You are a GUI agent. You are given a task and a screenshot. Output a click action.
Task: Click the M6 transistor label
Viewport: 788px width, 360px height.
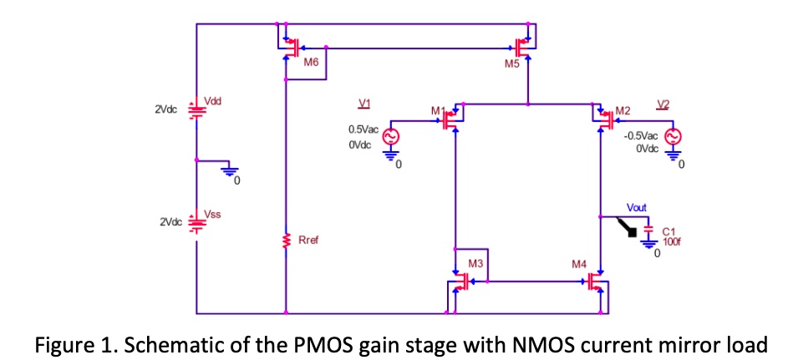coord(311,63)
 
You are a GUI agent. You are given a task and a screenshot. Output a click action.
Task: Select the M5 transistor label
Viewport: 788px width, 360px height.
coord(512,65)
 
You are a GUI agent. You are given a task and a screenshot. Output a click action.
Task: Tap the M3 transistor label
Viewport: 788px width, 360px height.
coord(475,263)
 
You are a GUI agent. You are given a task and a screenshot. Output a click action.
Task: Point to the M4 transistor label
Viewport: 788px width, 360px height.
coord(579,263)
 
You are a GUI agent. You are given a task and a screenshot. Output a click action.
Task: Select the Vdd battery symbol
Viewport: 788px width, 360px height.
coord(196,109)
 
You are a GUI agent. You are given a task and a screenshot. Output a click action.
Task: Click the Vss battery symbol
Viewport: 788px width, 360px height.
coord(196,223)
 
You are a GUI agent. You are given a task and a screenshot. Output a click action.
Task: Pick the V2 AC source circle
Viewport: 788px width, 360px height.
coord(673,137)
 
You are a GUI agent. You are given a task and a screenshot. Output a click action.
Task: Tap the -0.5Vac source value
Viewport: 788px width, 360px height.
coord(640,134)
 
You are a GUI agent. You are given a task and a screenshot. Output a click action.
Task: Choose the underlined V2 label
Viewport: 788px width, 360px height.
coord(663,104)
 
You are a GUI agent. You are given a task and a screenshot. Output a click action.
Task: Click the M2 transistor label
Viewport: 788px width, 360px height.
coord(623,110)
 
